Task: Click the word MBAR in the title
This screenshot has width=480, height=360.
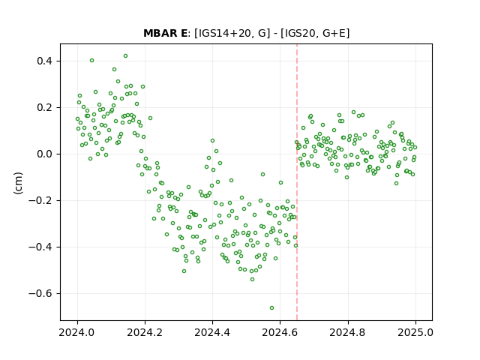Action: pyautogui.click(x=160, y=33)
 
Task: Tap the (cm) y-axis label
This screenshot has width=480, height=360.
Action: pyautogui.click(x=18, y=183)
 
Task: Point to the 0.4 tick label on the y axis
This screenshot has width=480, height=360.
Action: pyautogui.click(x=44, y=61)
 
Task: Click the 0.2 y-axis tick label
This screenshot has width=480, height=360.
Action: pyautogui.click(x=44, y=108)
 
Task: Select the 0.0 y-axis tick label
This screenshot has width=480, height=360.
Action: pyautogui.click(x=44, y=154)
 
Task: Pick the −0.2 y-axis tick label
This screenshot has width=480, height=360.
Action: pyautogui.click(x=40, y=200)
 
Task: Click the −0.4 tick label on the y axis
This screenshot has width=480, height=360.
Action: pyautogui.click(x=40, y=247)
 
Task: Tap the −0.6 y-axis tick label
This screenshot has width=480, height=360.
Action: pyautogui.click(x=40, y=293)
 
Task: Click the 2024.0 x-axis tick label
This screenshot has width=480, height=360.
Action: pyautogui.click(x=77, y=332)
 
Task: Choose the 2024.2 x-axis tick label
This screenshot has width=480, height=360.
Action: pyautogui.click(x=145, y=332)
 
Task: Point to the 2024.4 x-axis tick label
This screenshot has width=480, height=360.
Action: pyautogui.click(x=212, y=332)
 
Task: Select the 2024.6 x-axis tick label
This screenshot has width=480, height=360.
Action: pyautogui.click(x=280, y=332)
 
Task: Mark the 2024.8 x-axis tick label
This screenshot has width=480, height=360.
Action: pyautogui.click(x=348, y=332)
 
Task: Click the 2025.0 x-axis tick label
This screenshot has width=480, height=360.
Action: pyautogui.click(x=415, y=332)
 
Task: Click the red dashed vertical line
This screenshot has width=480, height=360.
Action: pyautogui.click(x=297, y=182)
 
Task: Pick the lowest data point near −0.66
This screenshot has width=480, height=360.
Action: pyautogui.click(x=271, y=308)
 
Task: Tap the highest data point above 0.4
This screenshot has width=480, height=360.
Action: pyautogui.click(x=125, y=56)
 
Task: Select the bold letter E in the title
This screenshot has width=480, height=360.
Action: pyautogui.click(x=184, y=33)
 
